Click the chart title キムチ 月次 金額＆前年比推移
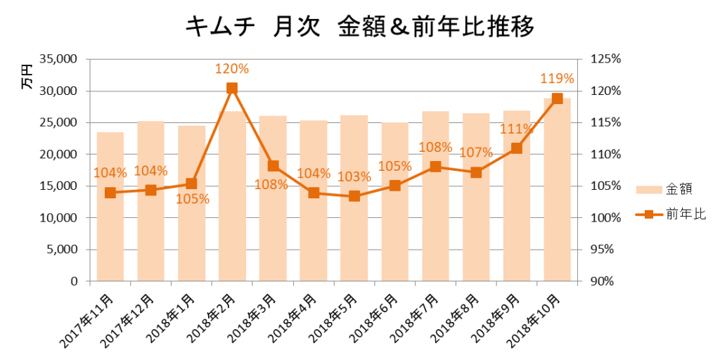point(359,26)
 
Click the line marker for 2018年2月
point(232,89)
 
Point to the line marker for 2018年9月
point(517,148)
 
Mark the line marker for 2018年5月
point(354,196)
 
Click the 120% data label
point(232,69)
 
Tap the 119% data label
point(557,79)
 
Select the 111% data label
point(516,129)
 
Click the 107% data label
point(475,153)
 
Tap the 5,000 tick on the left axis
point(63,250)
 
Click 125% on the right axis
point(605,60)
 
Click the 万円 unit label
point(27,77)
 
